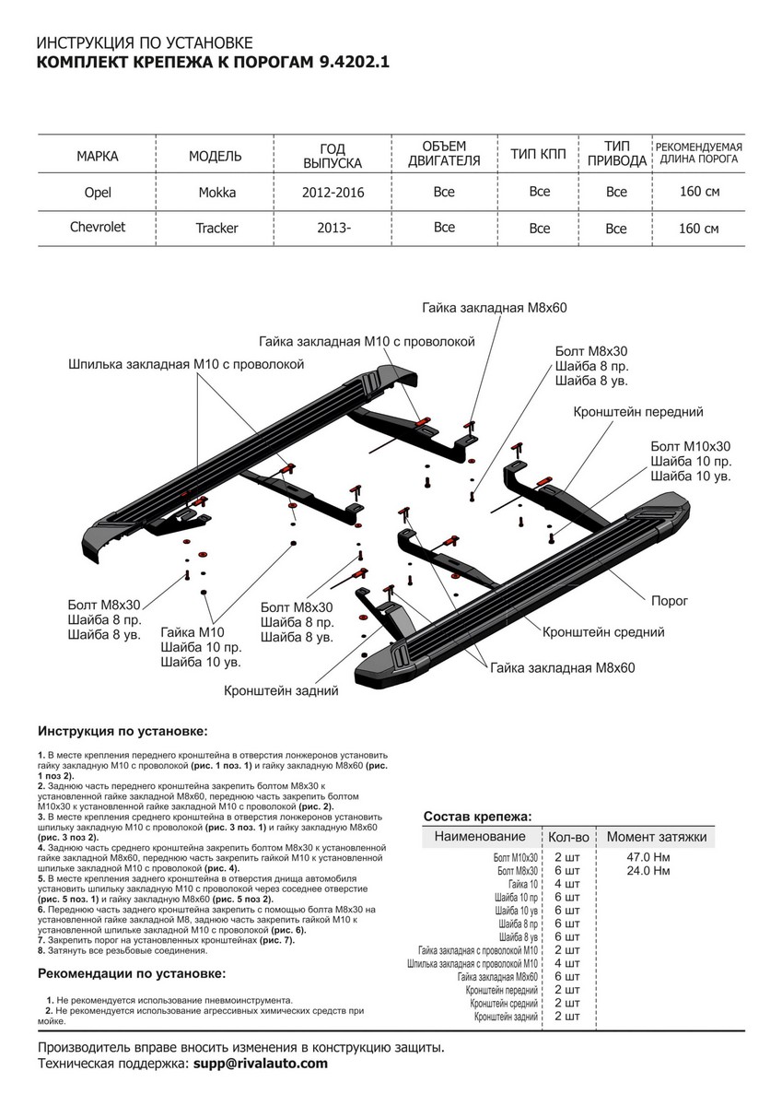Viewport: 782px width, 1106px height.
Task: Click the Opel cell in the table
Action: click(x=97, y=193)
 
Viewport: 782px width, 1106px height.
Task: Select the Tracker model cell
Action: click(x=216, y=229)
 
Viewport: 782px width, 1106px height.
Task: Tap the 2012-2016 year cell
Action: click(x=333, y=193)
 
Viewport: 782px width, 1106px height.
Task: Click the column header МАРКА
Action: click(x=97, y=156)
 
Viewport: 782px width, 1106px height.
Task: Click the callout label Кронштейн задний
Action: click(x=281, y=689)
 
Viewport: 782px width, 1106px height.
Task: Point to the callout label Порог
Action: click(x=670, y=599)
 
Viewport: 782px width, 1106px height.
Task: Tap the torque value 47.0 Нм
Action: click(x=648, y=857)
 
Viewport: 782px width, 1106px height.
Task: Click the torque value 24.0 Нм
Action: click(x=648, y=870)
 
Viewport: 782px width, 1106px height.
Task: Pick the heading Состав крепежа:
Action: click(x=477, y=817)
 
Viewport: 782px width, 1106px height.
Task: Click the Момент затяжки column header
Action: click(x=656, y=837)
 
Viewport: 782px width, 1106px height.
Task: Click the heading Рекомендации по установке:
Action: click(x=132, y=973)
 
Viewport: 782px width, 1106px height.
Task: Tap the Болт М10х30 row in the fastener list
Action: click(x=516, y=857)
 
